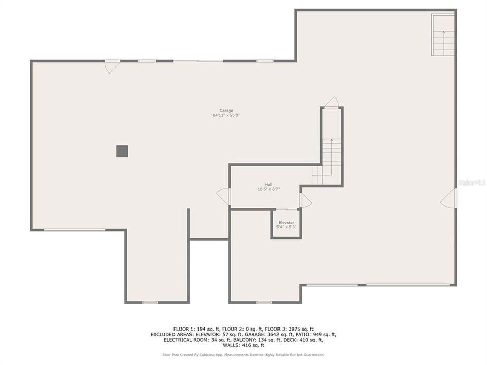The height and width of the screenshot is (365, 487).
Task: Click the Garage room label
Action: (x=226, y=111)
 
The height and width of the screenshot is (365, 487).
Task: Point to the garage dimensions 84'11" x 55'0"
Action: (x=226, y=115)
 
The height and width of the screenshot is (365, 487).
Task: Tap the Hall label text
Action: (x=268, y=185)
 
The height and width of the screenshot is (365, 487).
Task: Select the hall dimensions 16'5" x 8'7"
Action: (x=268, y=189)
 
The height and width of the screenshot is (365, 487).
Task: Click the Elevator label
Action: (x=286, y=223)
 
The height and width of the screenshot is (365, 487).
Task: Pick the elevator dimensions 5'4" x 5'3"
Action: (x=286, y=227)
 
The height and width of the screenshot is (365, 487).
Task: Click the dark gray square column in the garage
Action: (x=122, y=151)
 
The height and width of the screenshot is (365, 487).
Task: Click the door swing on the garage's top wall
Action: (x=112, y=66)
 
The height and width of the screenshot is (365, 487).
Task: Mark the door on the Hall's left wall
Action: (x=224, y=196)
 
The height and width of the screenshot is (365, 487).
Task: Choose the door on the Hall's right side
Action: (x=305, y=200)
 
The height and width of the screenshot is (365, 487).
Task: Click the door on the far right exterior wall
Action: (x=449, y=198)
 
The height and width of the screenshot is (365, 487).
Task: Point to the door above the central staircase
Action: (x=331, y=102)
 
